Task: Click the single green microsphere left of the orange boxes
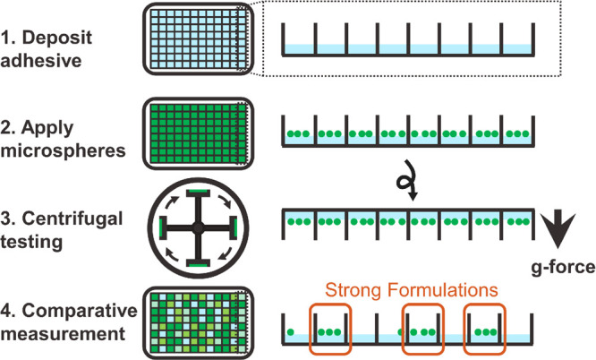[290, 331]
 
